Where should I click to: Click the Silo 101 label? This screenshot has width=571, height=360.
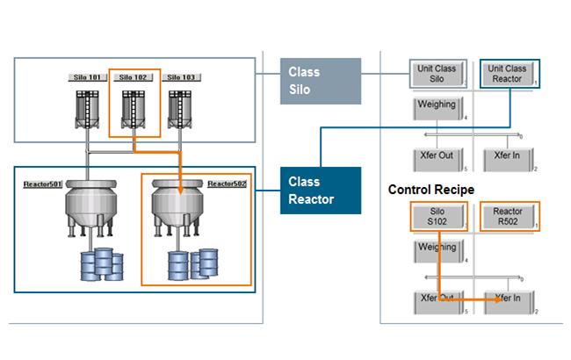click(x=87, y=77)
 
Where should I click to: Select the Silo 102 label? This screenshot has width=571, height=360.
click(x=133, y=77)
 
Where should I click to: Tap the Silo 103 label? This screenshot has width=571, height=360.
click(x=181, y=77)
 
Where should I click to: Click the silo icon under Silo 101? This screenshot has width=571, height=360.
click(x=87, y=110)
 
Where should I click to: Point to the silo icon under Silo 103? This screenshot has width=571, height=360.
click(x=180, y=110)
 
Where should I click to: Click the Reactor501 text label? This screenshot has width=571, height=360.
click(x=43, y=184)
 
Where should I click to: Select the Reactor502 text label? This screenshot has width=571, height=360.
click(x=227, y=184)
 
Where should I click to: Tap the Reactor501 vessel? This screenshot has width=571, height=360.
click(x=91, y=208)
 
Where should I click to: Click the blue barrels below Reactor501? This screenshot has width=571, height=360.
click(x=102, y=264)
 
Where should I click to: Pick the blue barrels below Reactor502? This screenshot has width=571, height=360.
click(x=193, y=264)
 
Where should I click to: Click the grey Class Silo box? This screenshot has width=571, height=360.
click(x=321, y=81)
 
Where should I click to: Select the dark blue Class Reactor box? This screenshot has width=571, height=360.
click(x=321, y=191)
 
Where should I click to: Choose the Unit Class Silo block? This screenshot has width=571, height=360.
click(x=437, y=74)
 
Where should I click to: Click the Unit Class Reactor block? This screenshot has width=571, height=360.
click(x=510, y=74)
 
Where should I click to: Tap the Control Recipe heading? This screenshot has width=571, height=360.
click(x=431, y=190)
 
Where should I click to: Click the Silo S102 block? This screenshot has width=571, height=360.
click(x=439, y=217)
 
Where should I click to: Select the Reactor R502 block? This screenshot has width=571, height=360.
click(x=510, y=216)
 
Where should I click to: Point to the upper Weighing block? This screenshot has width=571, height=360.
click(x=438, y=108)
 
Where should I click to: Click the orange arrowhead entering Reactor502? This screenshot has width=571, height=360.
click(x=180, y=191)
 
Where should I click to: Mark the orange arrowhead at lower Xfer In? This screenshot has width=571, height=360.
click(x=498, y=299)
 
